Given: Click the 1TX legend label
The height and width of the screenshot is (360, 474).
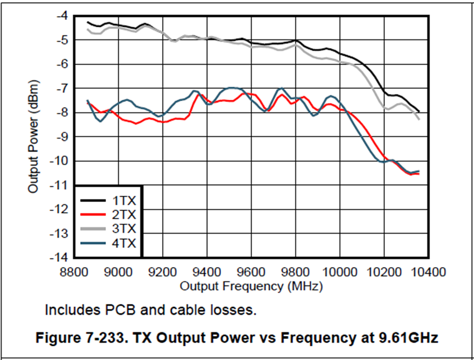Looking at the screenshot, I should click(123, 201).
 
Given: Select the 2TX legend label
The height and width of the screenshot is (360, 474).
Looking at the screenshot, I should click(123, 215).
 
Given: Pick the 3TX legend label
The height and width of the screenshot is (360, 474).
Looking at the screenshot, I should click(123, 229).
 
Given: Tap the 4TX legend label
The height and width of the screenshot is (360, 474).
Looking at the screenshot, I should click(123, 243).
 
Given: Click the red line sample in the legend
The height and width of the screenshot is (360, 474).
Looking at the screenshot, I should click(93, 215).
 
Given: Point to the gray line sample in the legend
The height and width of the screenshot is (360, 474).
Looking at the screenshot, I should click(93, 229).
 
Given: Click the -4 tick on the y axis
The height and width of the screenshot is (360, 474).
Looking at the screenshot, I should click(62, 16).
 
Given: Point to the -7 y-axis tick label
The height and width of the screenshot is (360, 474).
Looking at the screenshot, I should click(62, 88).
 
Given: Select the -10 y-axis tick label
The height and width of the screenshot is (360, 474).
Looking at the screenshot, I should click(59, 161).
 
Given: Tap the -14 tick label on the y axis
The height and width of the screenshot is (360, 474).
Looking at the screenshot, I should click(59, 257).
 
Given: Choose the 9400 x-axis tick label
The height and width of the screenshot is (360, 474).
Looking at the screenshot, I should click(207, 272).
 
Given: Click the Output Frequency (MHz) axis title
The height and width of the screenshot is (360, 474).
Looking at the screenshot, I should click(251, 287).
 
